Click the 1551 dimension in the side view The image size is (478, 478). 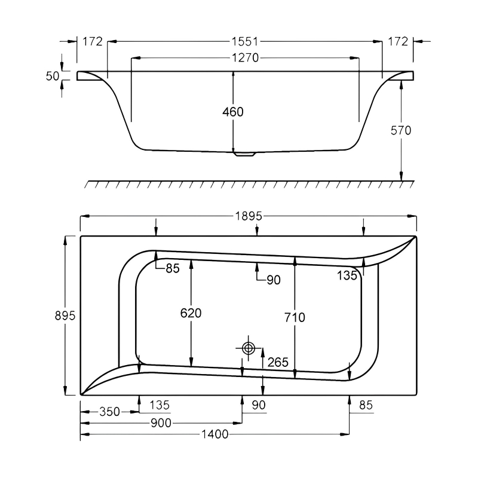(245, 42)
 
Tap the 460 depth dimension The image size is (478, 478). (233, 112)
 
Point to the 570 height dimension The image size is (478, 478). (400, 130)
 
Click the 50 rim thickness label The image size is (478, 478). (53, 76)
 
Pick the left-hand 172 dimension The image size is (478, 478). (93, 42)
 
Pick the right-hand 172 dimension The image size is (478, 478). (397, 42)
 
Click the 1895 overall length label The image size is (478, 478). (248, 217)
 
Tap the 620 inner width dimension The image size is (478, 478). (191, 313)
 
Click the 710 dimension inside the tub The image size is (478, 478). (295, 317)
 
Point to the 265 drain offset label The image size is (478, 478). (278, 362)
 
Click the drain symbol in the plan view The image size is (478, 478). (249, 348)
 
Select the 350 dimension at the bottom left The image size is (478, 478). (110, 412)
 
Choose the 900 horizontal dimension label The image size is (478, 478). (161, 423)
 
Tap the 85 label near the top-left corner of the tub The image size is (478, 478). (172, 269)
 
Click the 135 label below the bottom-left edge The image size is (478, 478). (159, 405)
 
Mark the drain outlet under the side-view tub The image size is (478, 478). (244, 154)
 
